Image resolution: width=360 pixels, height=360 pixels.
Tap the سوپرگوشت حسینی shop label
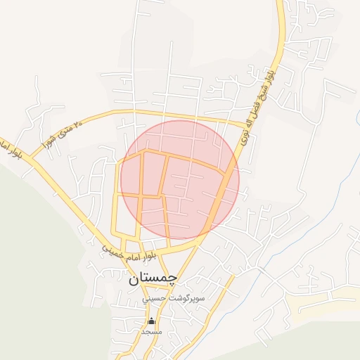click(174, 298)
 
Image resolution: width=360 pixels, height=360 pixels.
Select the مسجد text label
click(151, 330)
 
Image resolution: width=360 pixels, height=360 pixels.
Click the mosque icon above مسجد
click(150, 321)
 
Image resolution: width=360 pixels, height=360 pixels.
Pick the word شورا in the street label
click(49, 136)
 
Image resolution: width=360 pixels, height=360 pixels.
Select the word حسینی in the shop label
click(155, 298)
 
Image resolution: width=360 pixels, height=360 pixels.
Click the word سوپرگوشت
click(184, 298)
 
